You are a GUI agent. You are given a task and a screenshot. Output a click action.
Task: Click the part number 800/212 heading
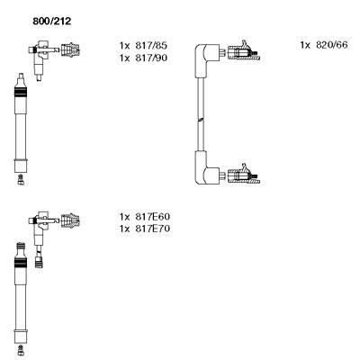(52, 22)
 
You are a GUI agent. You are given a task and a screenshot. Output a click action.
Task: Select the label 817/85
(151, 46)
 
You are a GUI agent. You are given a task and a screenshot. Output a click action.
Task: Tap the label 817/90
(151, 58)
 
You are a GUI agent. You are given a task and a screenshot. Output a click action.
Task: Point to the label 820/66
(332, 45)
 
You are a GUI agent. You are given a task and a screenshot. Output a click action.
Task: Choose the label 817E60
(152, 217)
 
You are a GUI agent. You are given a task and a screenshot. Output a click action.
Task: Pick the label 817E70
(152, 229)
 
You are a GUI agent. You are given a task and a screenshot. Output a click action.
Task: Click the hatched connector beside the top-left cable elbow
(70, 49)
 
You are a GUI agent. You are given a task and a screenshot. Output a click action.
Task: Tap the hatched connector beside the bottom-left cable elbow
(70, 220)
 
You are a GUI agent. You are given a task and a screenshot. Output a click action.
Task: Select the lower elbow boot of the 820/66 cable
(207, 168)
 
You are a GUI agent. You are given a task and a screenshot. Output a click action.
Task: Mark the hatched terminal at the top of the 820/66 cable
(243, 52)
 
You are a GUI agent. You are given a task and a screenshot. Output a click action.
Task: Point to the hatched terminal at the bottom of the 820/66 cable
(243, 175)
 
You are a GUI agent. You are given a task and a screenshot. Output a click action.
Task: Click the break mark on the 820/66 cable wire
(201, 120)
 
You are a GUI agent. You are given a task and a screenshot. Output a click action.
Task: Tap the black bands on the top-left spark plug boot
(21, 92)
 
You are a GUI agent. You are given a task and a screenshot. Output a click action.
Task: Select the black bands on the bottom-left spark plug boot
(21, 262)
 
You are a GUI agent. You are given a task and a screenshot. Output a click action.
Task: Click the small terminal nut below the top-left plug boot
(21, 179)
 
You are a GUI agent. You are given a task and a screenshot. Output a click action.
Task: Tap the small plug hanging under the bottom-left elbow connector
(39, 260)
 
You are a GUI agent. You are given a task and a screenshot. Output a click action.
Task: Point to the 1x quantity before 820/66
(305, 45)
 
